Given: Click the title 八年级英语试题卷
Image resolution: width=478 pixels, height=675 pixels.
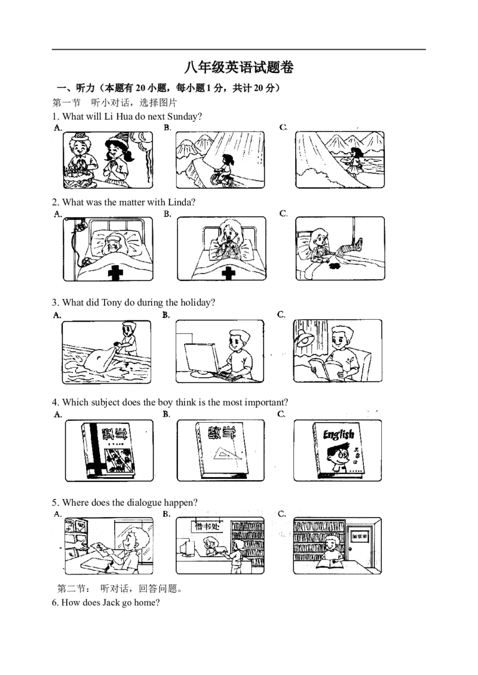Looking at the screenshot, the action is [239, 67].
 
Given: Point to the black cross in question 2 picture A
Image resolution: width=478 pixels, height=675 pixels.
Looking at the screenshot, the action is [115, 273].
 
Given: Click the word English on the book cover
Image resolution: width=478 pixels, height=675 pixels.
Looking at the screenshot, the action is [339, 435].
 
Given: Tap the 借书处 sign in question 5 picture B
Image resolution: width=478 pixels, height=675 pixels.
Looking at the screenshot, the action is [207, 526].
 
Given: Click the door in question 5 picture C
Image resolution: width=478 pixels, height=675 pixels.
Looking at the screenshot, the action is [359, 545].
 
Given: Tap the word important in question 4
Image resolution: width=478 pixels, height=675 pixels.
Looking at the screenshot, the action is [265, 402].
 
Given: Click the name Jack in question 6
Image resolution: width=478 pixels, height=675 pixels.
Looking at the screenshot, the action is [111, 603].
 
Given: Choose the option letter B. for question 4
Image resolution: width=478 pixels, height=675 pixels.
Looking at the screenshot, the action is [167, 414].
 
